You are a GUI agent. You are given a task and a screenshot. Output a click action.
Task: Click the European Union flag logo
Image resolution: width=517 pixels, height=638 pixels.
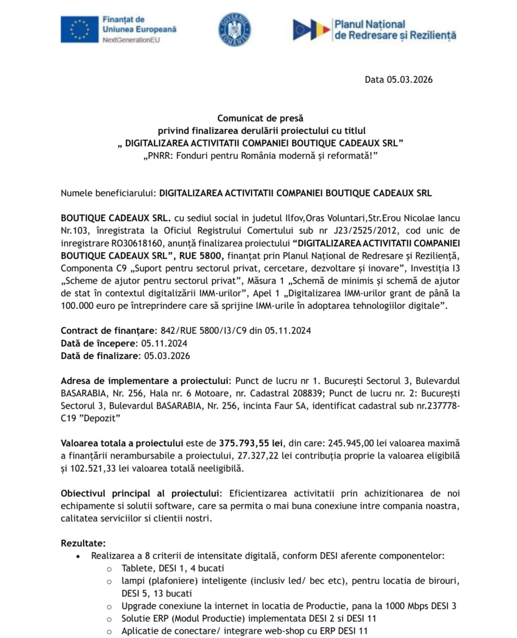click(x=79, y=29)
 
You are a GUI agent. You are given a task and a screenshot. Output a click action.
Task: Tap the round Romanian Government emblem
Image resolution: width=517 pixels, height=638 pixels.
click(x=235, y=29)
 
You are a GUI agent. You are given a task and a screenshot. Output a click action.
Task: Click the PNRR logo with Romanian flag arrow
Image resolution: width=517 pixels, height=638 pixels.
click(x=311, y=29)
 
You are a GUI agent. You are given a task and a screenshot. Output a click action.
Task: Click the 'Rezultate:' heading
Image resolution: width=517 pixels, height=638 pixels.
click(x=83, y=543)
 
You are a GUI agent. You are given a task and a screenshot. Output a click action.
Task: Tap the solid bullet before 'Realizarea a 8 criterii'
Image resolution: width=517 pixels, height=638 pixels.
click(x=77, y=556)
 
